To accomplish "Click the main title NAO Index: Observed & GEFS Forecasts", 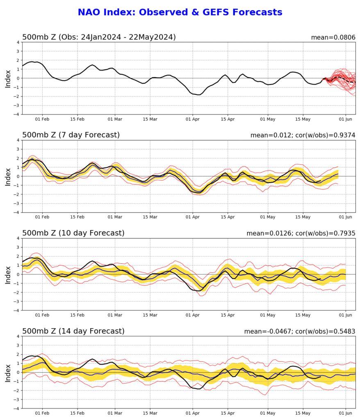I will tap(180, 12).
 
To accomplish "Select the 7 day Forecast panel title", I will tap(71, 135).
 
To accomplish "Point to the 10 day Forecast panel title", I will tap(73, 233).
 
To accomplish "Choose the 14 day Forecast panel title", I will tap(73, 331).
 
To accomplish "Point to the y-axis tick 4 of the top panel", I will tap(17, 42).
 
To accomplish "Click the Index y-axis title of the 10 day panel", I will tap(8, 274).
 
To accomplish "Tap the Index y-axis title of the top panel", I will tap(8, 78).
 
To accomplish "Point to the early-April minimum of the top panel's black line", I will tap(198, 94).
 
